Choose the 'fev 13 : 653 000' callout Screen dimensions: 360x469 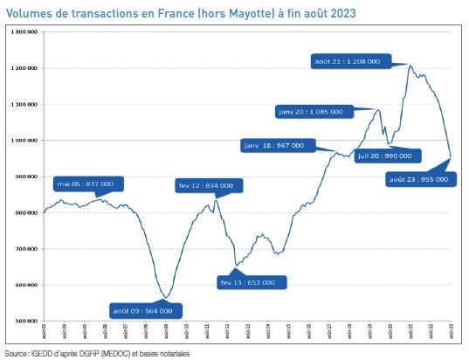pos(248,282)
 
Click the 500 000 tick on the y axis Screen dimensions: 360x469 pos(24,321)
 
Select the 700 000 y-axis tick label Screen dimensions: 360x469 pos(24,249)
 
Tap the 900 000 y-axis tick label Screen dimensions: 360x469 pos(24,177)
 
